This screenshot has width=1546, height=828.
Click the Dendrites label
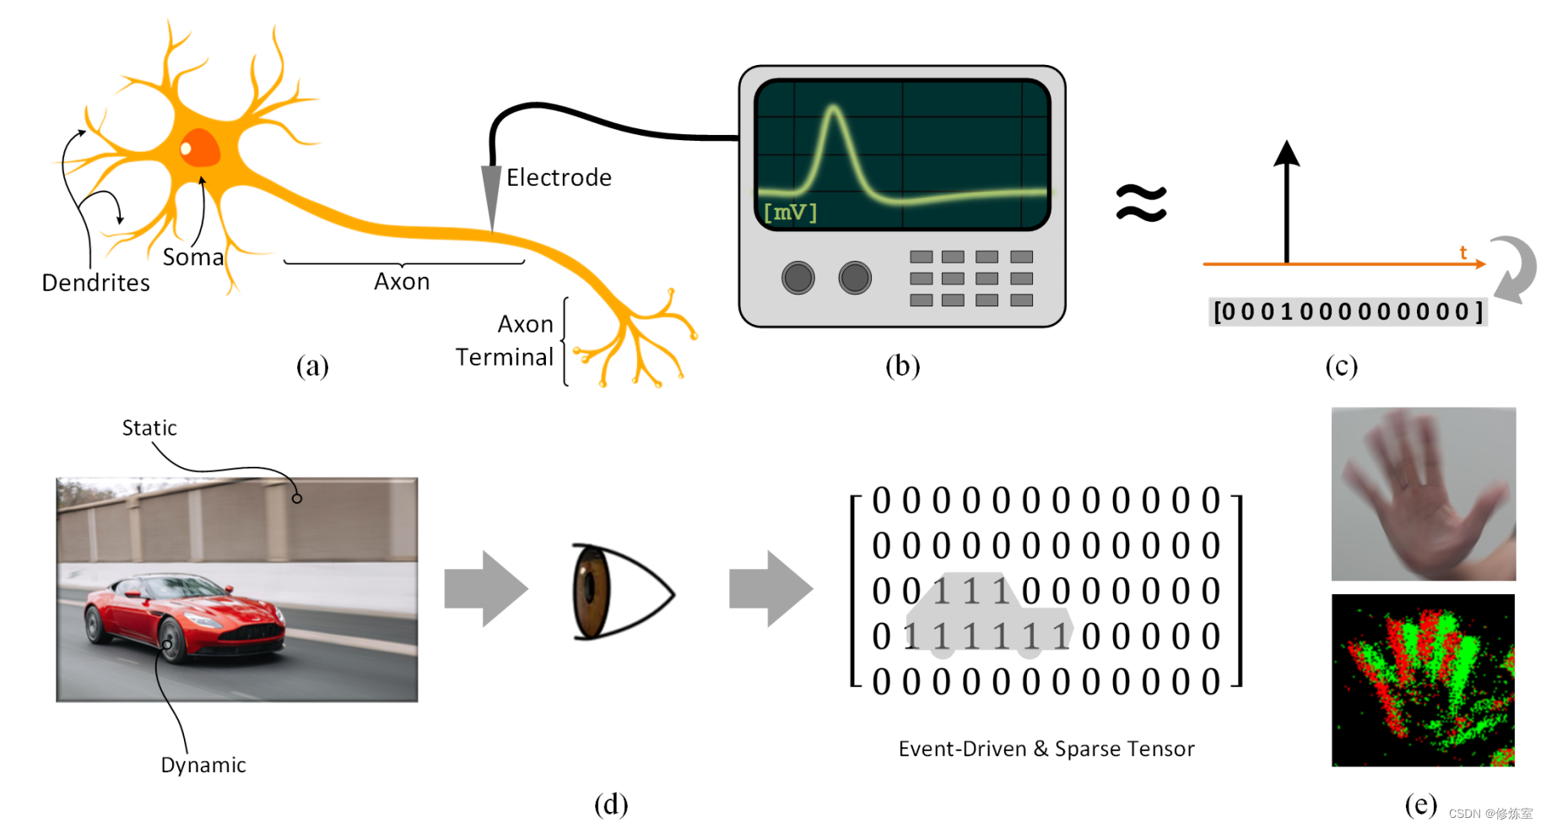[95, 283]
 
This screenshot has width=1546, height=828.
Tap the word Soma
[193, 257]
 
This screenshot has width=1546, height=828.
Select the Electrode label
[559, 178]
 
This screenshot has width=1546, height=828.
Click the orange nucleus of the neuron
[200, 149]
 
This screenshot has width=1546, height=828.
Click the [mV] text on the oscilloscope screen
[790, 212]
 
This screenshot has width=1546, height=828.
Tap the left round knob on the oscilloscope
[797, 278]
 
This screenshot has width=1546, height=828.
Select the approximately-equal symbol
[1141, 203]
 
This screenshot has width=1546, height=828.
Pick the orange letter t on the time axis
[1463, 252]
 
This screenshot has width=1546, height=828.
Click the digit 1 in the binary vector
[1286, 312]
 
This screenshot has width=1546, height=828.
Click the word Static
[149, 428]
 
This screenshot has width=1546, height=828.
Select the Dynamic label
[203, 765]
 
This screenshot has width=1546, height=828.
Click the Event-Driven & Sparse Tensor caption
[1046, 749]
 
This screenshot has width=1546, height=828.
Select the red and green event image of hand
[1423, 680]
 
